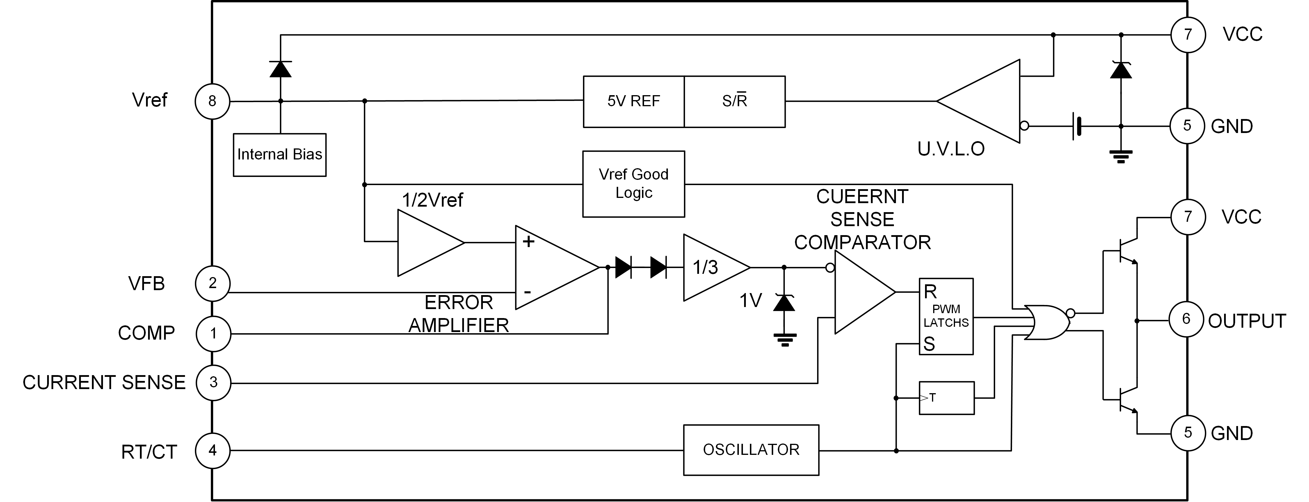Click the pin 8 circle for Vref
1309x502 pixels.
pyautogui.click(x=212, y=101)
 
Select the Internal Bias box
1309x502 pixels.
pyautogui.click(x=280, y=155)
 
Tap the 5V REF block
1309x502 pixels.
pyautogui.click(x=633, y=101)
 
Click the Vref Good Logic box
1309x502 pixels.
pyautogui.click(x=633, y=184)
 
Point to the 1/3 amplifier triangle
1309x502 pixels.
pyautogui.click(x=712, y=267)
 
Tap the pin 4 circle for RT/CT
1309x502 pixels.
pyautogui.click(x=212, y=450)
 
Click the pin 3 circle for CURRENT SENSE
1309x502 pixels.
pyautogui.click(x=214, y=382)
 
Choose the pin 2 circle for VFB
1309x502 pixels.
pyautogui.click(x=212, y=283)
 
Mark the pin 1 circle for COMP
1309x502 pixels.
pyautogui.click(x=214, y=334)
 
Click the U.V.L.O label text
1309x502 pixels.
pyautogui.click(x=951, y=148)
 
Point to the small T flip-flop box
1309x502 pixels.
pyautogui.click(x=946, y=398)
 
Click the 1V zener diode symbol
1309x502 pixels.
pyautogui.click(x=784, y=303)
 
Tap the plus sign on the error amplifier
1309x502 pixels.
pyautogui.click(x=529, y=241)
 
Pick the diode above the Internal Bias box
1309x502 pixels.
pyautogui.click(x=280, y=69)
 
